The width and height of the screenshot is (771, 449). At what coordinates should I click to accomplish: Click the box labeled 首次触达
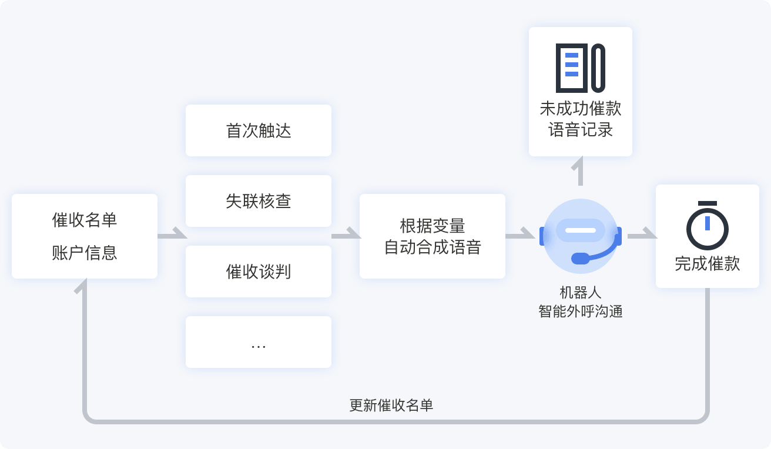259,130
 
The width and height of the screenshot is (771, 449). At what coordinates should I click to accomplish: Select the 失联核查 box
259,201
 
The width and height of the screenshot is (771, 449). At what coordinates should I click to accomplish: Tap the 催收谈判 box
259,272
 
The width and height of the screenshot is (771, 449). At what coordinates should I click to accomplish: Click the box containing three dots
259,342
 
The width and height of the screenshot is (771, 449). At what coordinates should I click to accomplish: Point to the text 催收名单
85,220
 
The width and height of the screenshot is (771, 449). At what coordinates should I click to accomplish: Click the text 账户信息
85,253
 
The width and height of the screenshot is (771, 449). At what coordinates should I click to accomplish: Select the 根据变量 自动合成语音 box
433,236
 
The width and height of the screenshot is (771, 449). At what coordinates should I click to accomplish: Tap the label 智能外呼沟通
581,311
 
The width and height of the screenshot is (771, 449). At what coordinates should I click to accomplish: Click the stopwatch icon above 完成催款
708,226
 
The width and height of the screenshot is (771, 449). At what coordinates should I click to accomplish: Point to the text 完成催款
708,264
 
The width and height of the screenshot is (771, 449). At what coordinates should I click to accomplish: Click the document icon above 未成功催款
581,68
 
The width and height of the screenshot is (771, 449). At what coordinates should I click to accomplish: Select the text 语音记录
581,129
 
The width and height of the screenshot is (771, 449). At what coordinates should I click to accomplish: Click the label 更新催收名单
391,406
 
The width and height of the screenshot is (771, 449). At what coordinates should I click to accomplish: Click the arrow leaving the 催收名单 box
172,236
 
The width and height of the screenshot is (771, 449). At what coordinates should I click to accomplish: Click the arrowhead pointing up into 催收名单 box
85,286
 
